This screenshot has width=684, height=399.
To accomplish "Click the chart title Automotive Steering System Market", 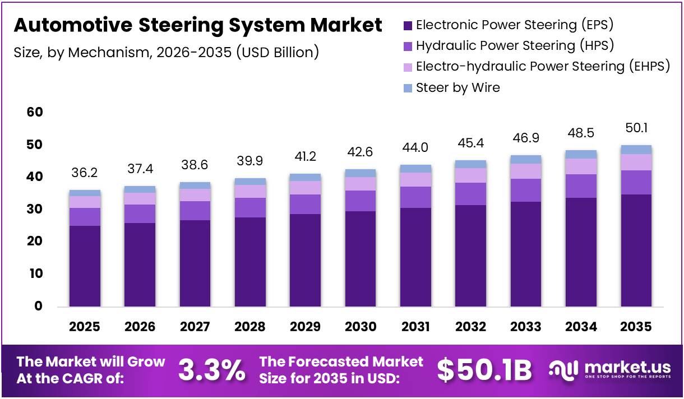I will pos(197,25).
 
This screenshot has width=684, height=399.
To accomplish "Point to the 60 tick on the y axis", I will pos(35,113).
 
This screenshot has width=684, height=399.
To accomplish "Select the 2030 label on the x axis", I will pos(360,327).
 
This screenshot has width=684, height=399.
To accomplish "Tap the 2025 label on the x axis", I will pos(85,327).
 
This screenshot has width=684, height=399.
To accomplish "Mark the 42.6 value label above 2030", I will pos(360,151).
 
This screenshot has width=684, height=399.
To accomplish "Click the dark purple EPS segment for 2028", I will pos(250,262).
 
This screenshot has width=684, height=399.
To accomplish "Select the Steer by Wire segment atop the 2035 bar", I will pos(636,150).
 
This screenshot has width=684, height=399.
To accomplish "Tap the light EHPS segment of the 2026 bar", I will pos(140,198).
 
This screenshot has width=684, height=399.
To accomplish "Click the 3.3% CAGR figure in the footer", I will pos(211,370).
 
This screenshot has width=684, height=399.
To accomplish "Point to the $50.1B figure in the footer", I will pos(484,370).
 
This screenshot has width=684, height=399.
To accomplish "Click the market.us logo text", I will pos(627,368).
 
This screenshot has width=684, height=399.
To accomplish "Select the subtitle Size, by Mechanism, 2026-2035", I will pos(166,53).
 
